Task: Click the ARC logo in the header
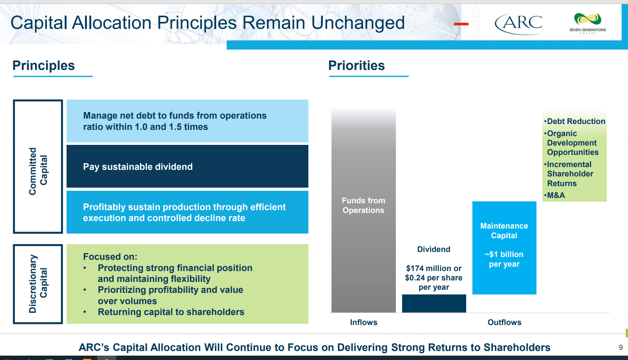[x=519, y=24]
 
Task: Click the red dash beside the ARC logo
[x=461, y=24]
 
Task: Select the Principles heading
[x=44, y=66]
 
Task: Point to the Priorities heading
[x=356, y=66]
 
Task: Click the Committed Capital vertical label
[x=38, y=171]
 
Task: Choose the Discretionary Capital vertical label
[x=38, y=284]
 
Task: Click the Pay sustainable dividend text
[x=138, y=167]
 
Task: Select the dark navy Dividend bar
[x=434, y=303]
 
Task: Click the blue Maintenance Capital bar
[x=504, y=248]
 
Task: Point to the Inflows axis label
[x=364, y=322]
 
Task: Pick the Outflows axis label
[x=505, y=322]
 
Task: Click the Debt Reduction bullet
[x=575, y=121]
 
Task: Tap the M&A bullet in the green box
[x=555, y=195]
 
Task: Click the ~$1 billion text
[x=504, y=254]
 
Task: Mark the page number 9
[x=621, y=347]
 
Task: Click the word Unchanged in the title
[x=358, y=22]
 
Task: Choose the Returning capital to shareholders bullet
[x=171, y=312]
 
